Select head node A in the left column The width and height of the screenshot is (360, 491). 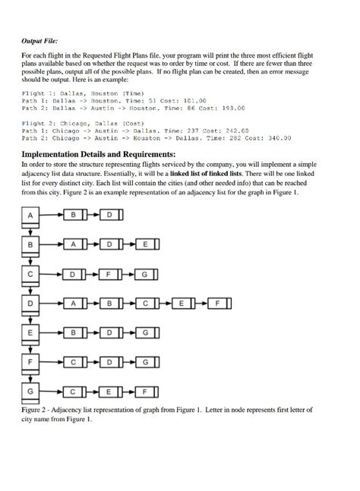[x=31, y=216]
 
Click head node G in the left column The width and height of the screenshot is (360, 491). [x=31, y=392]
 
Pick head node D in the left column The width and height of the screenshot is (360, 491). [x=31, y=304]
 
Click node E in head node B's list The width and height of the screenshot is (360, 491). [x=145, y=246]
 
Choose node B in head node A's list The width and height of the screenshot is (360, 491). [x=73, y=216]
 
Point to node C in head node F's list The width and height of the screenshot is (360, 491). [x=73, y=362]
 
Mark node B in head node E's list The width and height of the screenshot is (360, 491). [x=73, y=333]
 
